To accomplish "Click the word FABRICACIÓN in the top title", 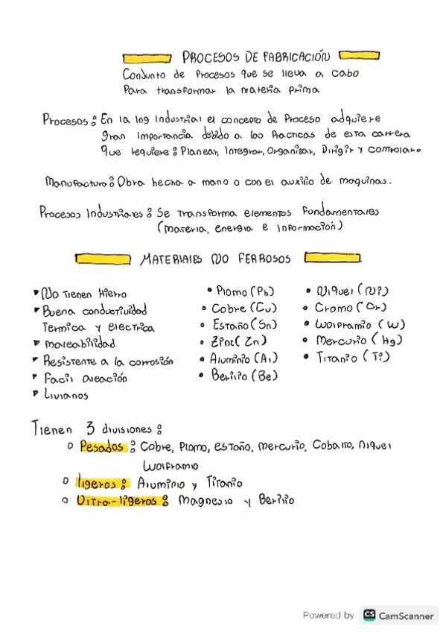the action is pyautogui.click(x=294, y=57).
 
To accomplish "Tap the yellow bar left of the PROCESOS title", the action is pyautogui.click(x=147, y=57).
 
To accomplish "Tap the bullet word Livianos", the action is pyautogui.click(x=66, y=396).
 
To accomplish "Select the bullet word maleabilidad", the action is pyautogui.click(x=80, y=344).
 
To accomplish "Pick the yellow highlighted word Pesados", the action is pyautogui.click(x=102, y=448).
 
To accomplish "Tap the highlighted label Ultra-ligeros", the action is pyautogui.click(x=118, y=501).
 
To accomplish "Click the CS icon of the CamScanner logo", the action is pyautogui.click(x=369, y=615).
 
